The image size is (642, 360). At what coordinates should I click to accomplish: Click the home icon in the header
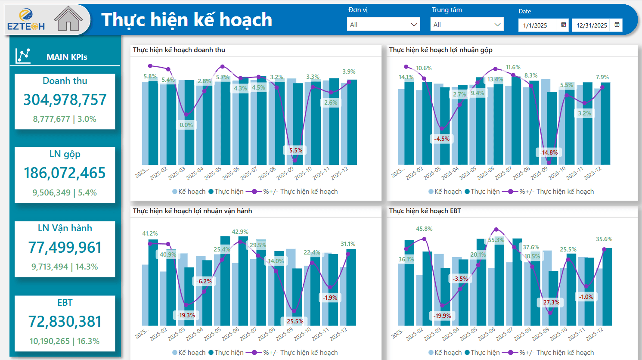[68, 19]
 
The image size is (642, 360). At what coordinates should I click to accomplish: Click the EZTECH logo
[26, 19]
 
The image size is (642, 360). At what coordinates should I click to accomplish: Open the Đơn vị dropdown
[383, 25]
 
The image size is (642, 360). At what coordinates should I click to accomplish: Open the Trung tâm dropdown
[467, 25]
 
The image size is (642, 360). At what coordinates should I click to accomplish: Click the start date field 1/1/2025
[535, 25]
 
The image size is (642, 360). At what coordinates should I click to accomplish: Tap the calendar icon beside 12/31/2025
[617, 25]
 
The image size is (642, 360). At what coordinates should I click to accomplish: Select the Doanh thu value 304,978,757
[65, 100]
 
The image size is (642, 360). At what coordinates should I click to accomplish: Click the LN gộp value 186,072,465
[65, 173]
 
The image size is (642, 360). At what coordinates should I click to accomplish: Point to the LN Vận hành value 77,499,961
[65, 247]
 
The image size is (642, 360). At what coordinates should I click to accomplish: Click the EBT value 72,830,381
[65, 321]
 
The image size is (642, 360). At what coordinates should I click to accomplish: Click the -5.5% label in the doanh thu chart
[295, 150]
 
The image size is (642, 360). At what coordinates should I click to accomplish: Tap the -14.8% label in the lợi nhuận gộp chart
[549, 152]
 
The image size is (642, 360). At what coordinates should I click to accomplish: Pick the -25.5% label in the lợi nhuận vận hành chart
[294, 321]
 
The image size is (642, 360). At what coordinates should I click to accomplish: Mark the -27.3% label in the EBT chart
[550, 302]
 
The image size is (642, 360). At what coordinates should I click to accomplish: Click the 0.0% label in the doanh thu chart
[186, 125]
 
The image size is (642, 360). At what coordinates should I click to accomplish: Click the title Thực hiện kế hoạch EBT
[425, 211]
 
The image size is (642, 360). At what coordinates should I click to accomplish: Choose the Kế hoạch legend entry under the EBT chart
[445, 353]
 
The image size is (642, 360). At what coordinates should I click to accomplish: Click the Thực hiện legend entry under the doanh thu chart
[226, 192]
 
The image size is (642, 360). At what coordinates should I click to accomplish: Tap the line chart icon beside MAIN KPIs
[23, 56]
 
